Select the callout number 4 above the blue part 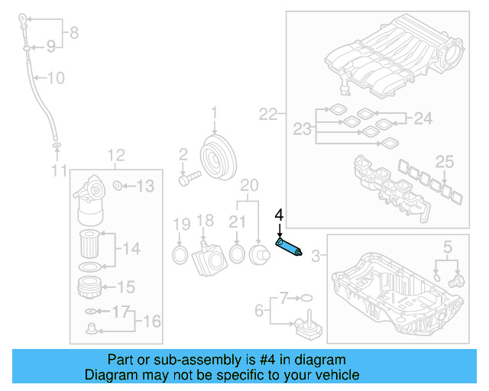[280, 216]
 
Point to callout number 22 [268, 115]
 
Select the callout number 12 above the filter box [115, 156]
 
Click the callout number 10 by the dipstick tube [57, 78]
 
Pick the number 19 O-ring [181, 253]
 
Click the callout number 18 [205, 221]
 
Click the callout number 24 [423, 118]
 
